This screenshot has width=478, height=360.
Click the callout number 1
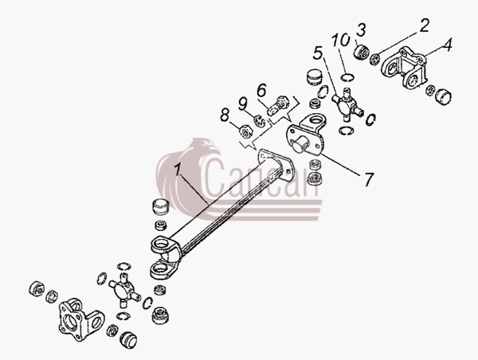click(178, 170)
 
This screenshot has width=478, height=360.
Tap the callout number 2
click(424, 25)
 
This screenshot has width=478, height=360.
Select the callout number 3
click(361, 30)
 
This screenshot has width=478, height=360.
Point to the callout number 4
click(447, 44)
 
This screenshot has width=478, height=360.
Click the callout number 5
click(317, 53)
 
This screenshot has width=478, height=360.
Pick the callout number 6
click(261, 90)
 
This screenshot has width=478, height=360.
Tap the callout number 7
click(368, 179)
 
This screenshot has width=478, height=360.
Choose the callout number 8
click(225, 115)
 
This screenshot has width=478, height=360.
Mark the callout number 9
click(242, 104)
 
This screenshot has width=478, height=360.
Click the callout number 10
click(340, 41)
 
